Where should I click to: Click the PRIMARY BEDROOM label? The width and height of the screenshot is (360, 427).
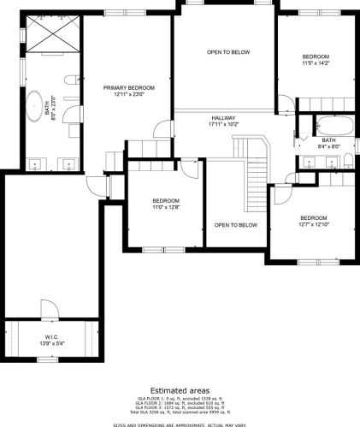click(x=129, y=88)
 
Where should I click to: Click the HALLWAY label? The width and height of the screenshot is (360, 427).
click(x=223, y=118)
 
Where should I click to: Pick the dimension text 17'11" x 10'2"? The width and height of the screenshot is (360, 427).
click(x=223, y=125)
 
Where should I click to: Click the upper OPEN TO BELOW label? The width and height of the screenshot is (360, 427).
click(x=228, y=52)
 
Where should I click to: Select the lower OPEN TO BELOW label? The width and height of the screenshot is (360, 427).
click(x=235, y=225)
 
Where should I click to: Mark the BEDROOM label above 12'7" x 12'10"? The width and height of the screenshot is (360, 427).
click(x=314, y=217)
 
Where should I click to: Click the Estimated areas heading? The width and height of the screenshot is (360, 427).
click(x=180, y=389)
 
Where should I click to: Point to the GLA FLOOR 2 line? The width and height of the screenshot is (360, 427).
click(x=180, y=404)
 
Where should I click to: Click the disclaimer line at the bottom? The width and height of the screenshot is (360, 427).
click(x=180, y=423)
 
